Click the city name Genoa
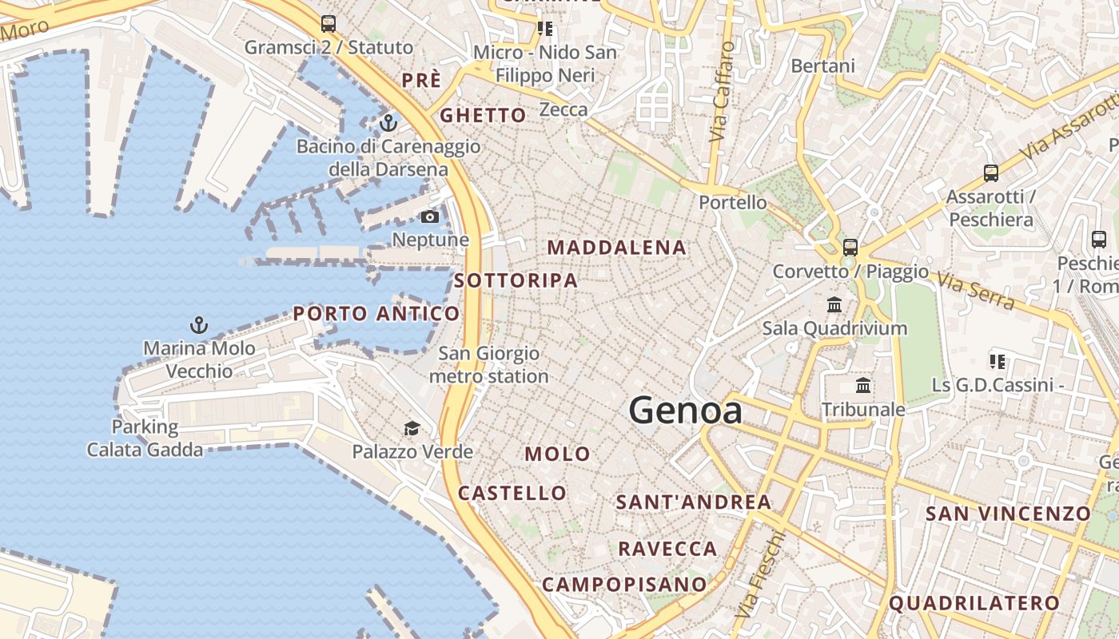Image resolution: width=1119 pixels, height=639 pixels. (685, 411)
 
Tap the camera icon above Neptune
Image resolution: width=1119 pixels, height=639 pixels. (429, 216)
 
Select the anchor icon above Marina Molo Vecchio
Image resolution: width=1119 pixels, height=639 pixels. (198, 325)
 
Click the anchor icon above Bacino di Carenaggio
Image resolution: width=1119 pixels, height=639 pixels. (388, 123)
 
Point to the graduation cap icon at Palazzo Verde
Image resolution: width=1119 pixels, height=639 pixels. (412, 429)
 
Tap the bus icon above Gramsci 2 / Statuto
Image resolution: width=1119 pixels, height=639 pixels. (328, 23)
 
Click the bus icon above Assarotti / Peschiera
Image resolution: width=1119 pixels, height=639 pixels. (990, 173)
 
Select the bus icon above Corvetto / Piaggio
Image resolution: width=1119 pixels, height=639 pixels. (850, 247)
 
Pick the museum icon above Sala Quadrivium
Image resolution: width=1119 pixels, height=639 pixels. (834, 304)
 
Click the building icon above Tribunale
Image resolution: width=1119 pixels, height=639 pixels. (863, 386)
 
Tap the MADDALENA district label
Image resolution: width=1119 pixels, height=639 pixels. (616, 248)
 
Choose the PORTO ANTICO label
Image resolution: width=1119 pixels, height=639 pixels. (376, 314)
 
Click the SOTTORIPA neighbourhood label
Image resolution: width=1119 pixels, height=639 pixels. (516, 280)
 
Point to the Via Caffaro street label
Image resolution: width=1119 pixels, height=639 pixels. (721, 92)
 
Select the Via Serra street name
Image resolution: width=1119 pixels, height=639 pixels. (976, 292)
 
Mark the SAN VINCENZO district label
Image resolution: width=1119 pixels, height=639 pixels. (1007, 514)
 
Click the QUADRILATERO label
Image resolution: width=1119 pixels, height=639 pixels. (974, 604)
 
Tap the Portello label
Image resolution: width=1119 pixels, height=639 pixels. (732, 203)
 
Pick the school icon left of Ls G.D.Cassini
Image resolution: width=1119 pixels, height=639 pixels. (997, 362)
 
